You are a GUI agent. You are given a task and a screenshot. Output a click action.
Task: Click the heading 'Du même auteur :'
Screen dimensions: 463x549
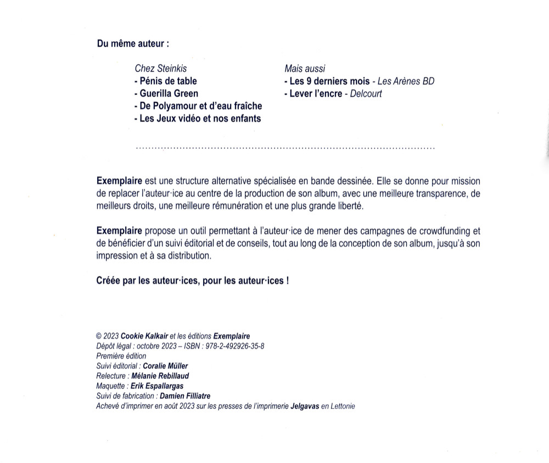(x=129, y=43)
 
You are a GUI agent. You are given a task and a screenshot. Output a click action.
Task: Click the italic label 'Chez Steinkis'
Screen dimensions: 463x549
(x=160, y=69)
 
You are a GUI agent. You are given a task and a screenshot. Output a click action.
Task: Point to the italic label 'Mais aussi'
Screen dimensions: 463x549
(x=305, y=69)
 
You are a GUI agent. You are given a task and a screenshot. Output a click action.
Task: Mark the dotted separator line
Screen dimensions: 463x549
(x=284, y=148)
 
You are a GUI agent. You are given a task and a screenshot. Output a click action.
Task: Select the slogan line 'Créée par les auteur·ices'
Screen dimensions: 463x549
(x=192, y=280)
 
